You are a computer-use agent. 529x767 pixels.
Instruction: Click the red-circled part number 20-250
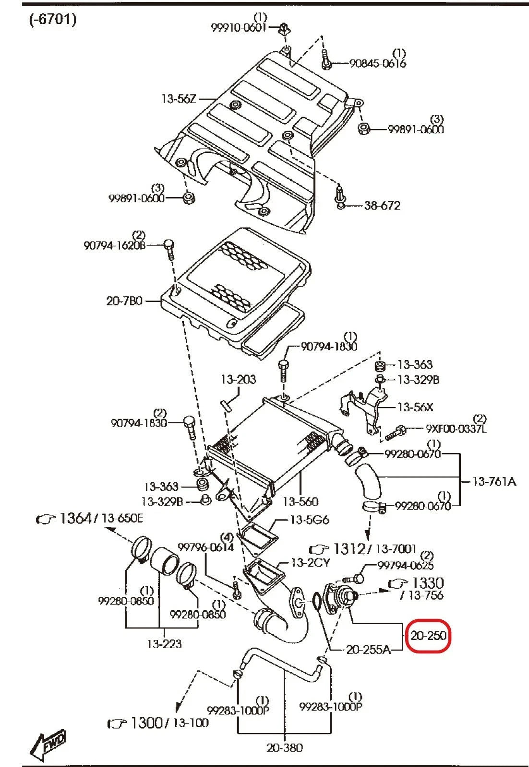click(x=428, y=636)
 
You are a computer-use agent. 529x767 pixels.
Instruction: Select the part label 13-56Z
click(x=179, y=99)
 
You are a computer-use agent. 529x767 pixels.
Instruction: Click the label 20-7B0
click(x=124, y=302)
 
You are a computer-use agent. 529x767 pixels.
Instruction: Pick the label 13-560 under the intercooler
click(x=300, y=501)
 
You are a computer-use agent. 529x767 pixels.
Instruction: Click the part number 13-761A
click(x=494, y=481)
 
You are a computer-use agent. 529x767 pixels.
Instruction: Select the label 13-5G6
click(x=310, y=520)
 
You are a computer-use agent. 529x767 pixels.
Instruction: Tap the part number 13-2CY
click(x=311, y=562)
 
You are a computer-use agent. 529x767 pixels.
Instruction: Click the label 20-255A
click(x=368, y=650)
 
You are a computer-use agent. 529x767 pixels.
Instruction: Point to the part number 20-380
click(x=285, y=747)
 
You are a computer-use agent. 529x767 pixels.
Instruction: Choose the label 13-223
click(x=164, y=644)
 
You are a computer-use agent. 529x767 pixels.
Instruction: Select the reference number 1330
click(x=428, y=583)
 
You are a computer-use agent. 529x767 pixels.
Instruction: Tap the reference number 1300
click(x=146, y=722)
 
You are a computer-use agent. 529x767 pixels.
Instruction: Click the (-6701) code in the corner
click(x=52, y=20)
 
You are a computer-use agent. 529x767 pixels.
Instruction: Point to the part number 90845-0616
click(x=377, y=63)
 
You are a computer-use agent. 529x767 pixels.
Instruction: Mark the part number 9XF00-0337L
click(x=456, y=428)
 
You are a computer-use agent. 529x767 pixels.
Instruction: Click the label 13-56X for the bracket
click(x=415, y=407)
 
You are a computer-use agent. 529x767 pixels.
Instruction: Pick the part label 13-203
click(x=238, y=380)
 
